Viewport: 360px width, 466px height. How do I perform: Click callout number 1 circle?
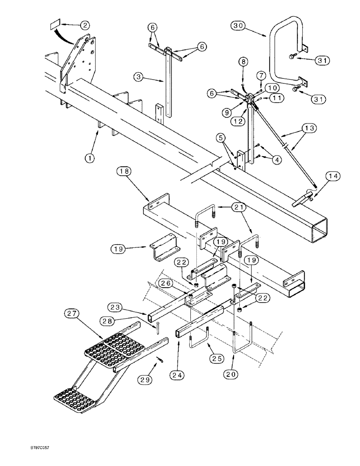90,158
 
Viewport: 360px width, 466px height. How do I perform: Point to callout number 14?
333,177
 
